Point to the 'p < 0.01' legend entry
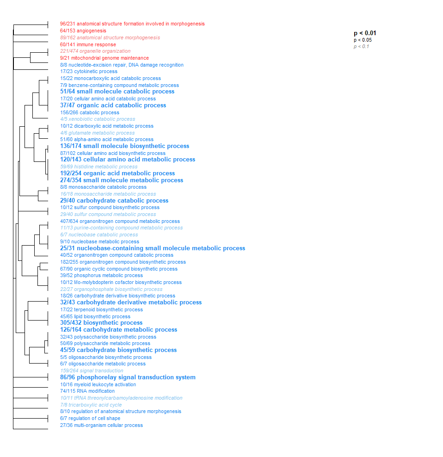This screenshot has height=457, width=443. (x=365, y=33)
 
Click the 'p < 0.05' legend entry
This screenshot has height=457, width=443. (x=363, y=40)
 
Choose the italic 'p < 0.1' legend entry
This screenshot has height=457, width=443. (x=361, y=46)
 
